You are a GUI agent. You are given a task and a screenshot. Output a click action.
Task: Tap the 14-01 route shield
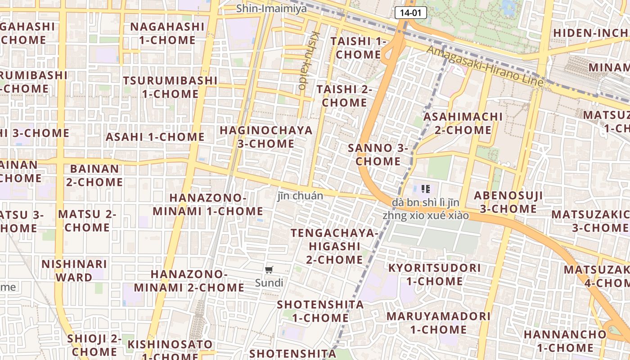[411, 13]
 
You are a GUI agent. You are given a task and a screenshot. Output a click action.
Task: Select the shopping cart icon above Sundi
[269, 270]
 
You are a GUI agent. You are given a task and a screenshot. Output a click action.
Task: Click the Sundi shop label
[269, 283]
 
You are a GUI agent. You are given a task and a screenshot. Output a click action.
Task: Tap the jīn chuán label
[300, 196]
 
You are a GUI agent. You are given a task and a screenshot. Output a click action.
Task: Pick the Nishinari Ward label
[74, 270]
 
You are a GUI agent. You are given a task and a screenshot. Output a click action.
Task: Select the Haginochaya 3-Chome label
[265, 137]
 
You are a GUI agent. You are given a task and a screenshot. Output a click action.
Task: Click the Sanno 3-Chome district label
[378, 154]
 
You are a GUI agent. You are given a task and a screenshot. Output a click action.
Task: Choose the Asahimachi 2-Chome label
[463, 123]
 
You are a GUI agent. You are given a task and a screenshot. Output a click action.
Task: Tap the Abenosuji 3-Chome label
[508, 202]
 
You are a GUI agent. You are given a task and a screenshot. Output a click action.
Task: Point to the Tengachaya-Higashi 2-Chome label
[335, 246]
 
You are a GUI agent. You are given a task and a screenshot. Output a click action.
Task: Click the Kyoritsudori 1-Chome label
[434, 274]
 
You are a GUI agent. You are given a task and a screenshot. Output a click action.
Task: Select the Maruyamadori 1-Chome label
[438, 323]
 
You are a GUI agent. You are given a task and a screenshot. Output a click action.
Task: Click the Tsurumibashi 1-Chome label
[170, 87]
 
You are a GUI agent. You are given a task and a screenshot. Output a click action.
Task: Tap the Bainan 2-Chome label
[94, 175]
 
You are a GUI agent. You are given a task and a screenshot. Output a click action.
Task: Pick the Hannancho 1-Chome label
[565, 341]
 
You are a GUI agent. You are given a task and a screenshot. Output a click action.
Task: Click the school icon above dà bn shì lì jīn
[426, 189]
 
